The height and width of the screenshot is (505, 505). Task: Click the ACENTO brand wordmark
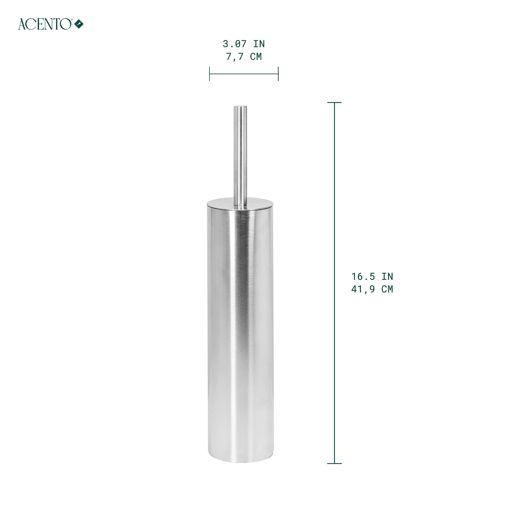(x=44, y=24)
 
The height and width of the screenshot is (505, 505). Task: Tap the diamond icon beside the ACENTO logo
(x=79, y=24)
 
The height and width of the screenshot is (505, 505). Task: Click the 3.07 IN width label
(x=244, y=44)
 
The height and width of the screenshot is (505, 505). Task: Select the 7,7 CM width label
(x=244, y=57)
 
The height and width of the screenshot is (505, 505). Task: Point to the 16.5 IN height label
(x=372, y=276)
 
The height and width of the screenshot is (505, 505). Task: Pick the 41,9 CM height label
(x=372, y=289)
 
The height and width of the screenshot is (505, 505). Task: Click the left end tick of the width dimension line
(x=210, y=74)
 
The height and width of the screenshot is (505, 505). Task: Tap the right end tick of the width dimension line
(x=278, y=74)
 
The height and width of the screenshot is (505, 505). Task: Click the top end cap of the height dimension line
(x=334, y=103)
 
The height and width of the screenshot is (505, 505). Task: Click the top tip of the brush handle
(x=240, y=107)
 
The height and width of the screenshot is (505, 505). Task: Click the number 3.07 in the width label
(x=235, y=44)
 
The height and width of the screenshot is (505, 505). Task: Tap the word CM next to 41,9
(x=387, y=289)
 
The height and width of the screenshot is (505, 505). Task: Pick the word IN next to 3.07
(x=259, y=44)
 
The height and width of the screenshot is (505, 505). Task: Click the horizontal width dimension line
(x=244, y=74)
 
